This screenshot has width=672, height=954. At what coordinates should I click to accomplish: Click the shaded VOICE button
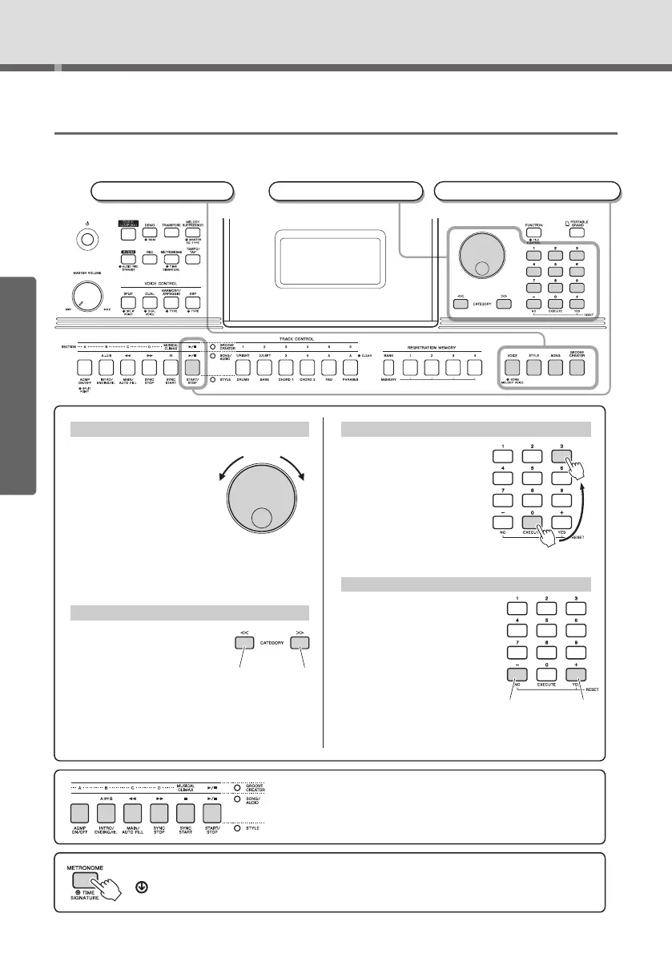click(511, 367)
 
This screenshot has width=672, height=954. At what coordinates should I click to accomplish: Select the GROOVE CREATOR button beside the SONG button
click(578, 367)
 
